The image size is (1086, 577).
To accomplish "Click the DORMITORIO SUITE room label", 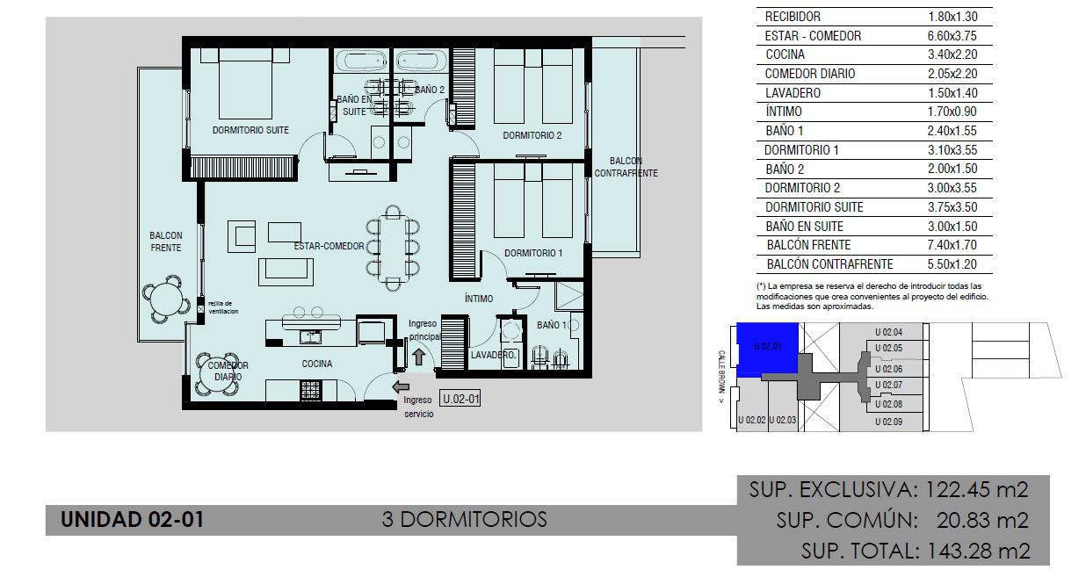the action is tap(250, 130).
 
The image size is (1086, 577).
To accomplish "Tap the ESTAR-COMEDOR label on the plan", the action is tap(329, 246).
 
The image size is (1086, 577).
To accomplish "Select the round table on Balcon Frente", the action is tap(166, 299).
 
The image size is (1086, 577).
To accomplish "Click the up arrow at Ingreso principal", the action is tap(418, 357).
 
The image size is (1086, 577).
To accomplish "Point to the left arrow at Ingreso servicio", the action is tap(401, 386).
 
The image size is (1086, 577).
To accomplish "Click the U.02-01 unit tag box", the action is tap(460, 399).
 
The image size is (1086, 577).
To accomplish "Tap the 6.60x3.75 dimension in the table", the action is tap(952, 36).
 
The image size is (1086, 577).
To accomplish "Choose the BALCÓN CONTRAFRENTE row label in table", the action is tap(829, 264).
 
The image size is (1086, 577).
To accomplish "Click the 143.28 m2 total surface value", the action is tap(978, 551).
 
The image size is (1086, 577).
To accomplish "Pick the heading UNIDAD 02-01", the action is tap(133, 519).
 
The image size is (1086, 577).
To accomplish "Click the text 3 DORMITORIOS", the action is tap(464, 519).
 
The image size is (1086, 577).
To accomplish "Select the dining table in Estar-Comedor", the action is tap(393, 248).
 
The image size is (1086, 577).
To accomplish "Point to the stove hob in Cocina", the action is tap(310, 390).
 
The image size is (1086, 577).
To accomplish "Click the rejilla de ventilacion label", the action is tap(223, 307).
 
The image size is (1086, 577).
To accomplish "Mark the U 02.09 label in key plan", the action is tap(888, 422).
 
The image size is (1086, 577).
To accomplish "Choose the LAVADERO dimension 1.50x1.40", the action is tap(952, 93).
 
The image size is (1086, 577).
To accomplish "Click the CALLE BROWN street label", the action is tap(721, 377).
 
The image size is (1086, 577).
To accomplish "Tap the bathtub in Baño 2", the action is tap(422, 61).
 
